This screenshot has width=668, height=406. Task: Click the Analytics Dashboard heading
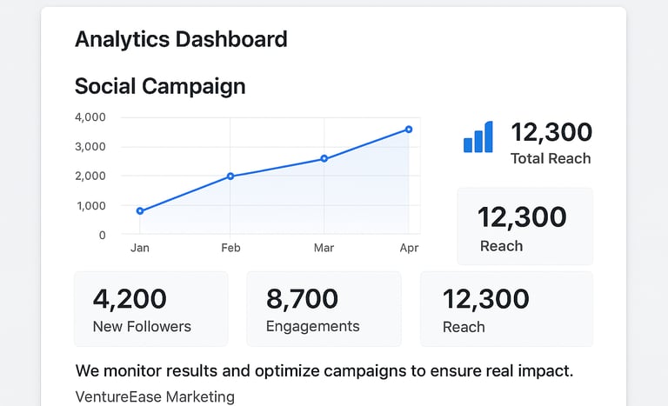point(181,39)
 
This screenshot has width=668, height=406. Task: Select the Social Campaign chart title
point(160,86)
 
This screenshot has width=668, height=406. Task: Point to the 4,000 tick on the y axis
point(90,117)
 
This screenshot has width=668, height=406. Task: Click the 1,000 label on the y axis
point(90,206)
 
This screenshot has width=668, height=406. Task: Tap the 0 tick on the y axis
point(102,235)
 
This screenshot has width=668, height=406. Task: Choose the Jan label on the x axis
point(140,248)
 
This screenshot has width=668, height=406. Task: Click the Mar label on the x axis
point(324,248)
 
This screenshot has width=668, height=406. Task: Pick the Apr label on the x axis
point(409,248)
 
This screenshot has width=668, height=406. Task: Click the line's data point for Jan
point(140,211)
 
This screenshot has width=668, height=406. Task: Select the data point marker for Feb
point(230,176)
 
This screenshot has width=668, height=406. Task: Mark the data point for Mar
point(324,159)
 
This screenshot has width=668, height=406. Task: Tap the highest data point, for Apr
point(409,130)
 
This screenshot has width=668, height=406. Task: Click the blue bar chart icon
point(478,137)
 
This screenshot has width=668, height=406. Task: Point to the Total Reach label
point(551,158)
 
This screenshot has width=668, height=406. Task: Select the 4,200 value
point(130,299)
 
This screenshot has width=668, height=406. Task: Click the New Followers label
point(142,327)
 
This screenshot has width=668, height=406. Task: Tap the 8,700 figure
point(302,299)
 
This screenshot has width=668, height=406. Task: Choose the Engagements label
point(312,327)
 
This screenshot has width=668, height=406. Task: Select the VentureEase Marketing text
point(155,396)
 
